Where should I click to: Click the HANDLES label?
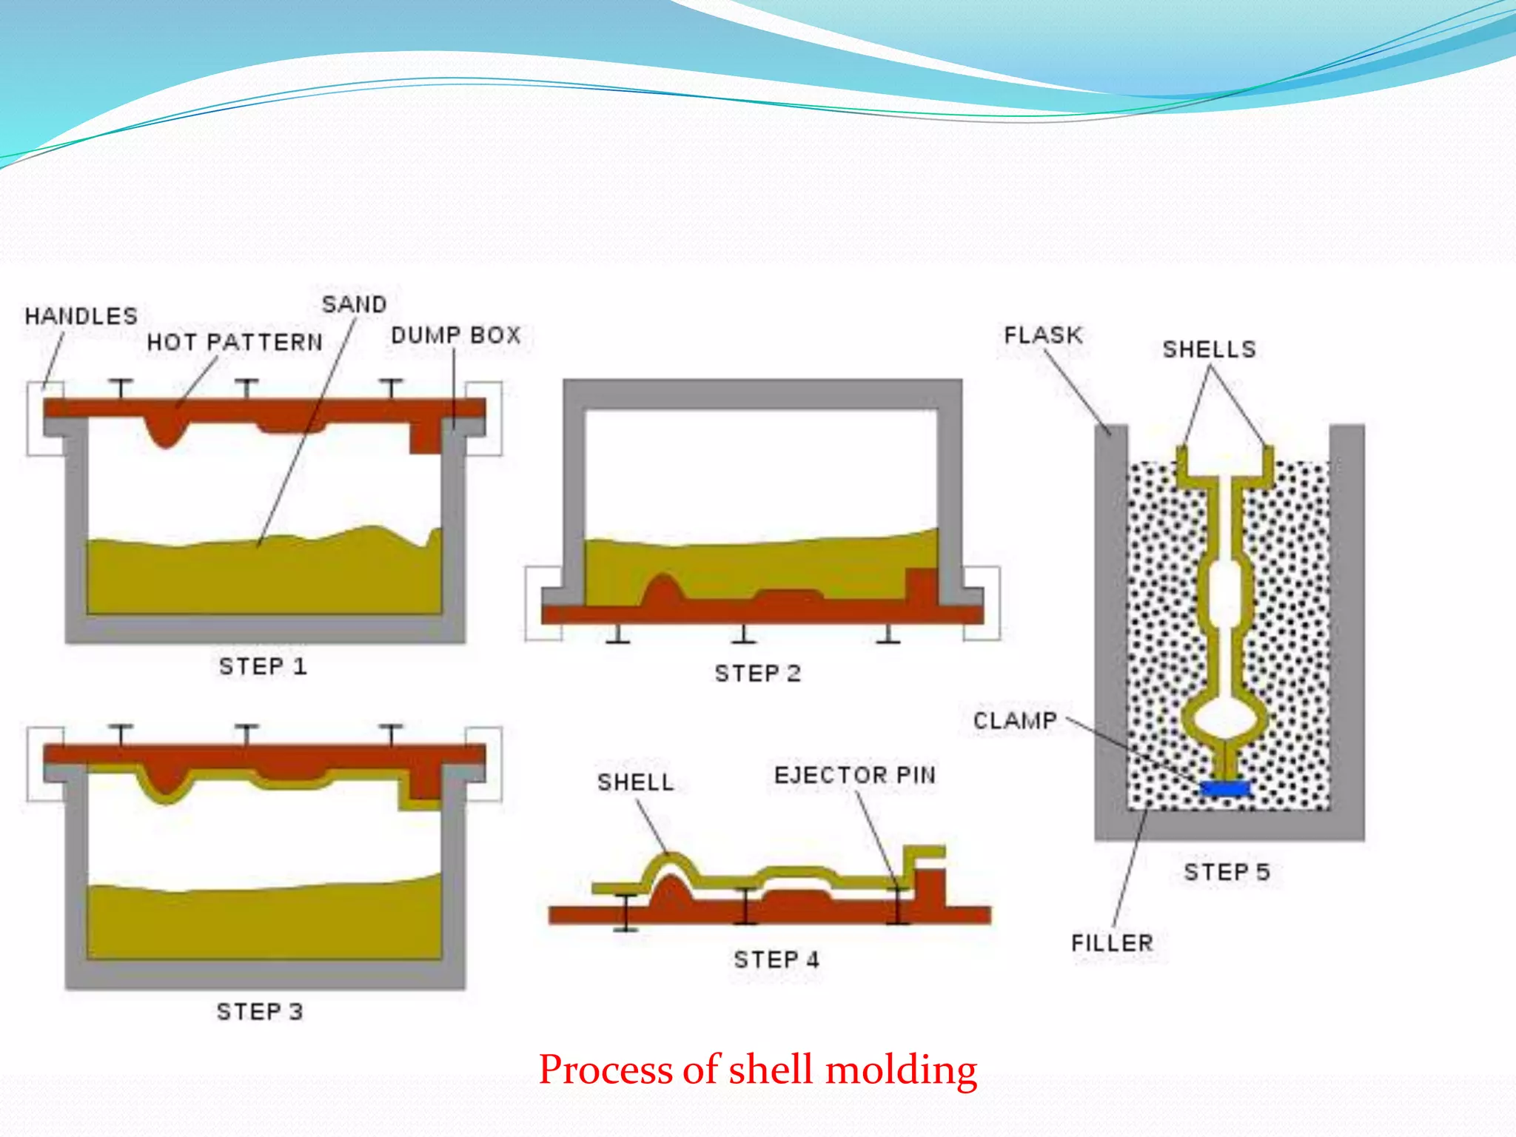pos(81,317)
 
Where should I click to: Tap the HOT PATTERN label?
pos(235,343)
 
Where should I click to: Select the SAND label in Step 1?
pos(354,304)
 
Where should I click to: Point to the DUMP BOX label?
pos(456,335)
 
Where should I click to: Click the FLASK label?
pos(1043,335)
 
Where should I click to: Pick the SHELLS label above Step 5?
pos(1209,349)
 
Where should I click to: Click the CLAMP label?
pos(1015,721)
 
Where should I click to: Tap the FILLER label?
pos(1112,943)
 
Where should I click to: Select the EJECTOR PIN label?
pos(855,775)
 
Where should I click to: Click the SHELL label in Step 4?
pos(635,782)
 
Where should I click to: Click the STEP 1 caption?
pos(263,666)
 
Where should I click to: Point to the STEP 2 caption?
pos(757,674)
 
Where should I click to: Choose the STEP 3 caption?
pos(260,1011)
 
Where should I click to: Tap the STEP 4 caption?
pos(777,959)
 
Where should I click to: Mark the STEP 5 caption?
pos(1227,872)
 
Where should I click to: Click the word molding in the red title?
pos(901,1070)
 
